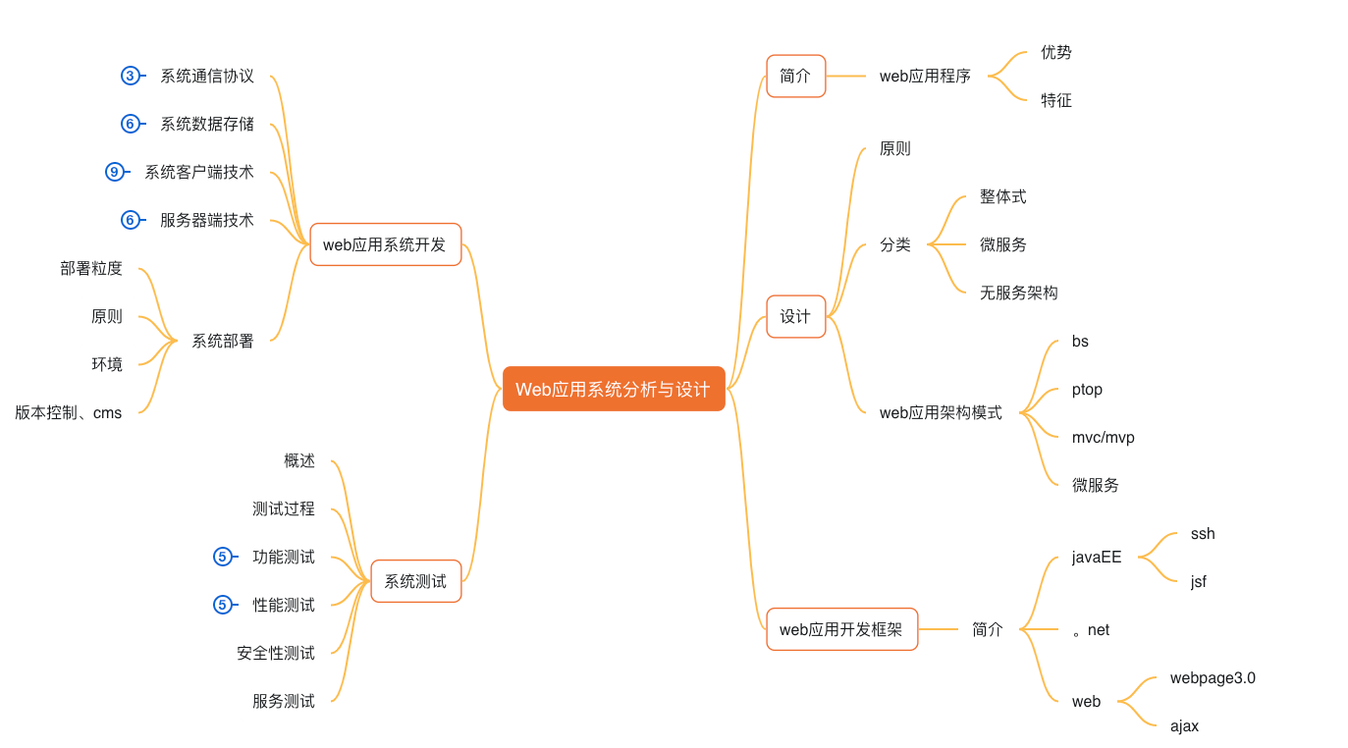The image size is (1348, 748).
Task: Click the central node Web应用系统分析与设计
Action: click(614, 389)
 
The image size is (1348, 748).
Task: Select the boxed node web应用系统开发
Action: click(385, 244)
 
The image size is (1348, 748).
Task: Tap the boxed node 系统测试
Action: click(415, 581)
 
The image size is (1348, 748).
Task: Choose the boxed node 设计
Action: click(795, 316)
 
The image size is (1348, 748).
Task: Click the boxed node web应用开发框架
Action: click(841, 629)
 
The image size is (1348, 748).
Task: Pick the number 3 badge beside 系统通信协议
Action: click(130, 76)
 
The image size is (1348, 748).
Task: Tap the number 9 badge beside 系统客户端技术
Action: click(114, 172)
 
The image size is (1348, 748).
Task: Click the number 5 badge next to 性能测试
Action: click(222, 605)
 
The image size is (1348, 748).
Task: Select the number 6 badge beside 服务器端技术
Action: click(130, 220)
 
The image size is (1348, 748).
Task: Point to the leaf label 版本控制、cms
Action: click(69, 413)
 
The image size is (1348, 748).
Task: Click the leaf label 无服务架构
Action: click(1018, 293)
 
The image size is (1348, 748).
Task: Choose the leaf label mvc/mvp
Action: click(1103, 437)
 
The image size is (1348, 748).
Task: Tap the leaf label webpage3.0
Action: click(1212, 678)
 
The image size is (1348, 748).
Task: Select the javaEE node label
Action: click(1096, 558)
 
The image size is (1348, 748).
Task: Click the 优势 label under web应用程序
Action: click(1055, 52)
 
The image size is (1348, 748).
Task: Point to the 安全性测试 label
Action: click(276, 653)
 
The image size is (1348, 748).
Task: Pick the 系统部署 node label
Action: click(223, 341)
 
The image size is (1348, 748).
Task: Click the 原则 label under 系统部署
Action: click(107, 316)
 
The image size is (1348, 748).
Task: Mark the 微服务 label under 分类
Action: click(1002, 244)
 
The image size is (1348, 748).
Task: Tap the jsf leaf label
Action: click(1198, 582)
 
